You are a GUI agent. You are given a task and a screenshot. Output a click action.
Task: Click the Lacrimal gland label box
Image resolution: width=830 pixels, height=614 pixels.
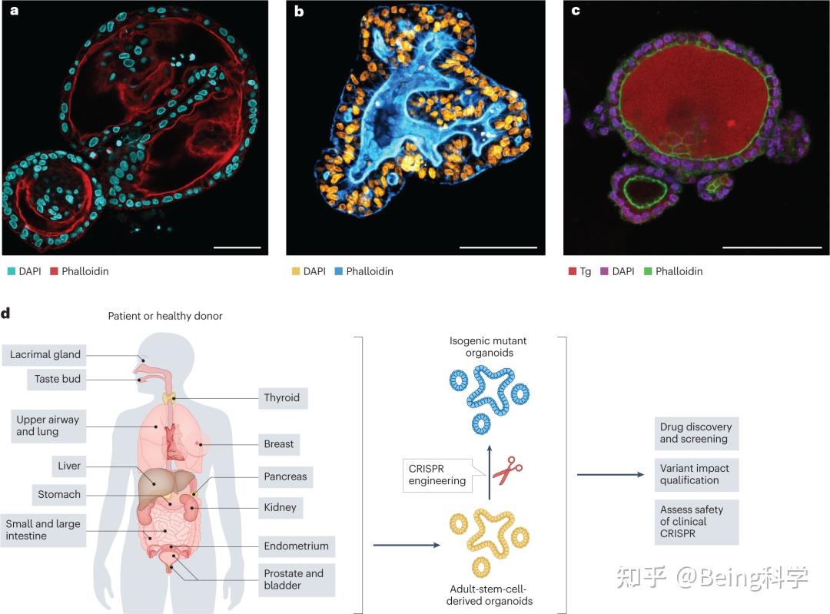[45, 355]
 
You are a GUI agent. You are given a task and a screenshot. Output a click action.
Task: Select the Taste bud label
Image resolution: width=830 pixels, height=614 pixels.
[57, 379]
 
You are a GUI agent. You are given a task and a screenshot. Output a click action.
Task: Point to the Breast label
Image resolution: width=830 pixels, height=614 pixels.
[279, 443]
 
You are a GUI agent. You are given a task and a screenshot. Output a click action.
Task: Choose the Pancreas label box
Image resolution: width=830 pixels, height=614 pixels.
[284, 476]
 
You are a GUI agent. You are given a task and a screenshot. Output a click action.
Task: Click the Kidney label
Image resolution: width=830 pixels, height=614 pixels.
[280, 508]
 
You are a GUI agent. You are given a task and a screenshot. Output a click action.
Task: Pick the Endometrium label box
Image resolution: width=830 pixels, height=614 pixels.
[296, 546]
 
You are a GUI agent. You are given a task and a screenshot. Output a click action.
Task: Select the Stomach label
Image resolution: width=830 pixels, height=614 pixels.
[59, 494]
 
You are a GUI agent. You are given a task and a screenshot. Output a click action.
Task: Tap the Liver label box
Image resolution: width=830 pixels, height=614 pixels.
[68, 466]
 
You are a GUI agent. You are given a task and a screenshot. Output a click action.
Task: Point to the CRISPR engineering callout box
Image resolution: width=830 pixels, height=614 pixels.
[437, 474]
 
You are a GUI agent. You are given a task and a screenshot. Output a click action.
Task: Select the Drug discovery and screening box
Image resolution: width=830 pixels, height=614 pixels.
[696, 433]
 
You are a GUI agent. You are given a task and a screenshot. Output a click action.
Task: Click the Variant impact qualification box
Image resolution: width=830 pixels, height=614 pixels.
[696, 474]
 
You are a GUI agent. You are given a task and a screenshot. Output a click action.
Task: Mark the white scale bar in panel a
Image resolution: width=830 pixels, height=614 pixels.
[237, 248]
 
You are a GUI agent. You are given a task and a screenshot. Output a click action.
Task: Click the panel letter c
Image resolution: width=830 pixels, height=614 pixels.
[574, 11]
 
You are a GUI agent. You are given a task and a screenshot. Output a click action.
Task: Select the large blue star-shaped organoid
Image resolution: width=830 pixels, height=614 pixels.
[489, 394]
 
